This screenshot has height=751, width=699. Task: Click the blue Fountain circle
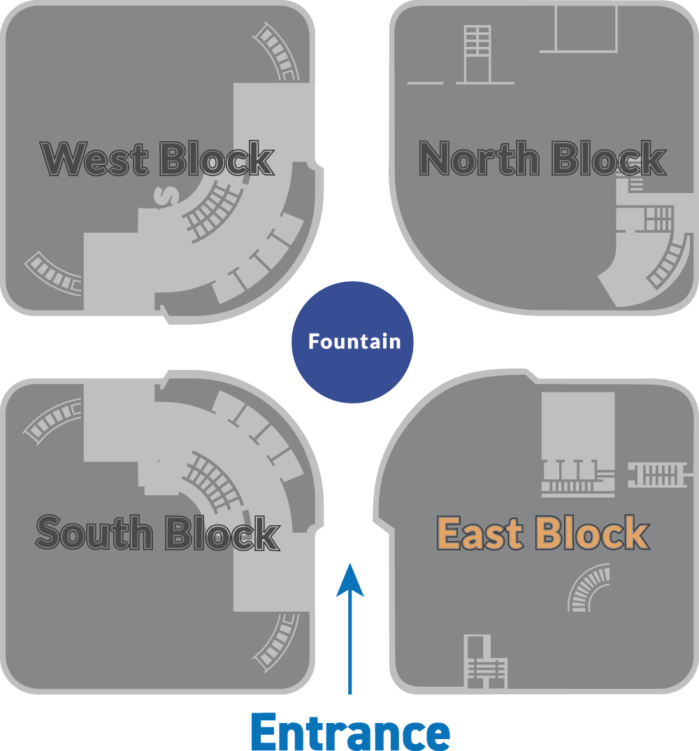352,342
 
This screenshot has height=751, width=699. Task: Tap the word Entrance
350,731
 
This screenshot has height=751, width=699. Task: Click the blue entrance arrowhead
350,580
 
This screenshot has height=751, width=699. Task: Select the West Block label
157,159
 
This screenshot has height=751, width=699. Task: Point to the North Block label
542,158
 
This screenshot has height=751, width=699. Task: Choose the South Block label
157,533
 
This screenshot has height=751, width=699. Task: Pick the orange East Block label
543,532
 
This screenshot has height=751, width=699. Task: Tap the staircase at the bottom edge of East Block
484,662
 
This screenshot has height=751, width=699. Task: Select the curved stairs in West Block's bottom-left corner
52,273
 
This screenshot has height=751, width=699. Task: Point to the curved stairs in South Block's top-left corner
51,420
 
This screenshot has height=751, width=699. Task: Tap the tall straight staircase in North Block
478,54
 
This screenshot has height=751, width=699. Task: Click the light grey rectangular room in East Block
578,425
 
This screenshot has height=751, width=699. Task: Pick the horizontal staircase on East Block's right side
658,475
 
